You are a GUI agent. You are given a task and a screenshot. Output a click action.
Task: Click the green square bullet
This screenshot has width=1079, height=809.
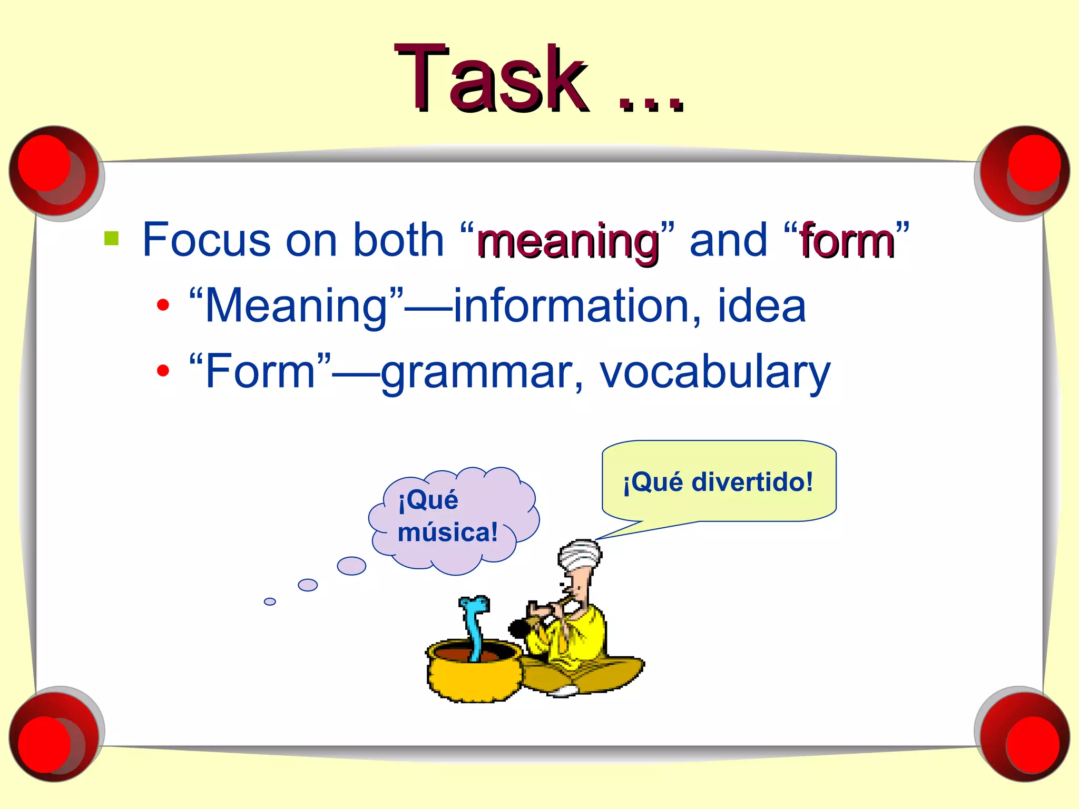click(112, 238)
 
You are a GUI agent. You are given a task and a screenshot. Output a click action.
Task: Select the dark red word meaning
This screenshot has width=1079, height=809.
click(567, 242)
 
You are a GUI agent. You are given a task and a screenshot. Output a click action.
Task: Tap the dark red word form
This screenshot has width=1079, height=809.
click(847, 242)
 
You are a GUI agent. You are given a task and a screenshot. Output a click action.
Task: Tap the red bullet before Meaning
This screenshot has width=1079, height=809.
click(163, 305)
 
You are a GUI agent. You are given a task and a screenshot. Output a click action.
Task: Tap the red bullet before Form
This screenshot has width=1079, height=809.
click(163, 371)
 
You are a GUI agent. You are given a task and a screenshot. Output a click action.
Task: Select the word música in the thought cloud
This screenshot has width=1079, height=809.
click(447, 532)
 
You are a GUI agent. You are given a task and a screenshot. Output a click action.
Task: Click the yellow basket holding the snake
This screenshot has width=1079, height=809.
click(472, 677)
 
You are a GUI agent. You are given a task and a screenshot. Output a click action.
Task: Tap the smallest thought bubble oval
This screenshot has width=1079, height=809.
click(270, 601)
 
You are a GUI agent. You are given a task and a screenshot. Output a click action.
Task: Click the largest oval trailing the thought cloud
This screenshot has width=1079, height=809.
click(351, 566)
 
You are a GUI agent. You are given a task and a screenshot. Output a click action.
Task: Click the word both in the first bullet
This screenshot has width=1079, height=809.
click(398, 240)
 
